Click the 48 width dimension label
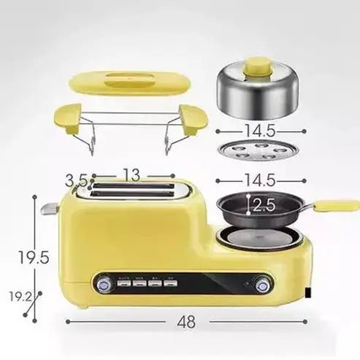pos(187,321)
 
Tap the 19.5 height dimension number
pos(34,257)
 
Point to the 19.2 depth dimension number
pos(20,297)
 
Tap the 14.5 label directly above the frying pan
pos(260,180)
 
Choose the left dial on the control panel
pos(104,283)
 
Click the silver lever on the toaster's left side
pos(49,209)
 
